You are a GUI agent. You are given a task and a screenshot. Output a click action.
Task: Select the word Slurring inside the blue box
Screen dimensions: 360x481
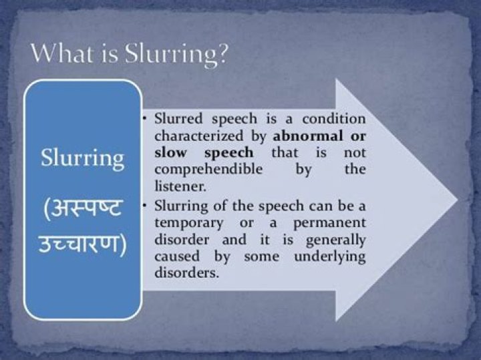click(x=83, y=159)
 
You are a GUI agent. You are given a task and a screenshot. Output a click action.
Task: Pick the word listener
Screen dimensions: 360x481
click(x=177, y=186)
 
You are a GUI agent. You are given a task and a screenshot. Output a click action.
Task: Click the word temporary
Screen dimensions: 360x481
click(x=187, y=221)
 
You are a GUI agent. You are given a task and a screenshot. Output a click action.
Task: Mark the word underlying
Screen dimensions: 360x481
click(x=329, y=256)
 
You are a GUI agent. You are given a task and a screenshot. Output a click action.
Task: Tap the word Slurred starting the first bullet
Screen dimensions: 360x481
click(x=176, y=120)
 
